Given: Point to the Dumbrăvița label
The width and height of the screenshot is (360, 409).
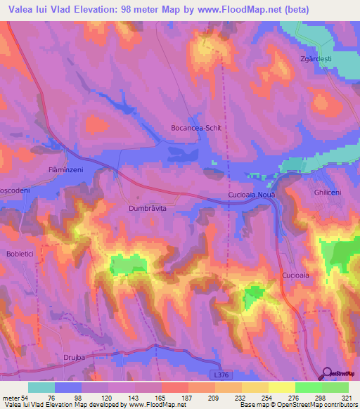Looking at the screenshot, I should (148, 209).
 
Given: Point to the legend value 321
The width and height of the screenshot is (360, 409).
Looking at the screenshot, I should (348, 398).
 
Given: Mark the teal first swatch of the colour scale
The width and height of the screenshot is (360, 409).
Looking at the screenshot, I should (41, 387).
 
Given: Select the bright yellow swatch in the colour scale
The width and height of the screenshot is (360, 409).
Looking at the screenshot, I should (281, 387).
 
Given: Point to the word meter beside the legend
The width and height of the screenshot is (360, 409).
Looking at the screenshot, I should (11, 398).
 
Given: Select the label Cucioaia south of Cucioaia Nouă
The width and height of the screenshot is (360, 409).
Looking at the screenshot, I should (295, 275).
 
